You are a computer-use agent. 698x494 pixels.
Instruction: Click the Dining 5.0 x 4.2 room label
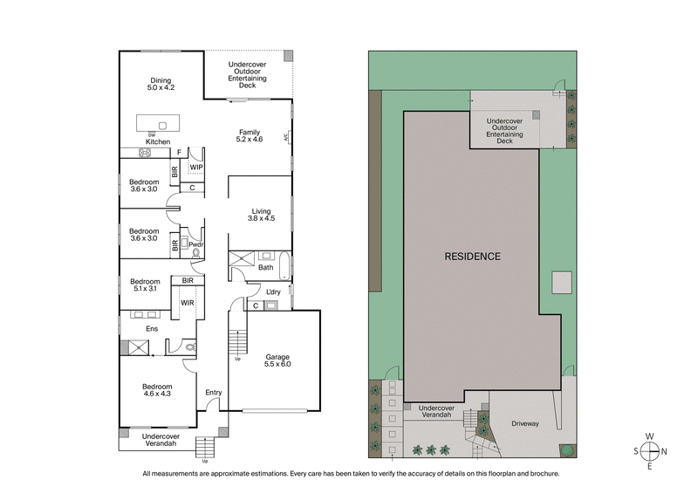[x=161, y=84]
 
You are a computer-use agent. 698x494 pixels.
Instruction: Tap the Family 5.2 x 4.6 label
[x=250, y=135]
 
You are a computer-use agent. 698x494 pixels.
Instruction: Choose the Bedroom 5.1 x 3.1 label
[x=145, y=285]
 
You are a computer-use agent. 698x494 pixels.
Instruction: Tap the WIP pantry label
[x=196, y=167]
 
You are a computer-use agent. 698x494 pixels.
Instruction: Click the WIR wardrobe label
[x=187, y=303]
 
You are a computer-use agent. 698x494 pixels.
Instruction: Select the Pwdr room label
[x=196, y=244]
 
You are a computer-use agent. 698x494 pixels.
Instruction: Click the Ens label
[x=151, y=328]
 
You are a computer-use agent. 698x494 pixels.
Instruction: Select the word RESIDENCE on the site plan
[x=473, y=257]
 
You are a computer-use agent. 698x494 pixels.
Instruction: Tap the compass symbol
[x=649, y=451]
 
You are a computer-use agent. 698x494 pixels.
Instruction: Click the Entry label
[x=213, y=393]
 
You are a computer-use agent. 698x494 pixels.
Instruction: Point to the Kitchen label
[x=158, y=141]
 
